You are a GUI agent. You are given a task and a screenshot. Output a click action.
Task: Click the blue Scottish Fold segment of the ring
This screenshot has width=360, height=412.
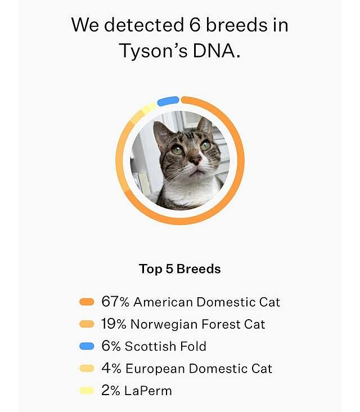(x=168, y=101)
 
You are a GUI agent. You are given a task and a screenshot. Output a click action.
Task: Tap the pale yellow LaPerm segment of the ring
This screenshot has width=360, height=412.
(x=148, y=108)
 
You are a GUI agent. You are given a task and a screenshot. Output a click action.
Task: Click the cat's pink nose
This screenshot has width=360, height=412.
(x=195, y=160)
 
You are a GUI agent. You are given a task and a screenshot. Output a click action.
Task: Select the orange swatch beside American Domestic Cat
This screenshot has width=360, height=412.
(x=87, y=302)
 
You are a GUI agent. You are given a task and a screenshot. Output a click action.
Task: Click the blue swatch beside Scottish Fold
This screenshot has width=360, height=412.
(x=87, y=346)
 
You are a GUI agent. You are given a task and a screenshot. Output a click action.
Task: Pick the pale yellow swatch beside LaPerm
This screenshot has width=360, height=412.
(x=87, y=391)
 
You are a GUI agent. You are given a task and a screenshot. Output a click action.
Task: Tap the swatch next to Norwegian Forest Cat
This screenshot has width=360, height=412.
(x=87, y=324)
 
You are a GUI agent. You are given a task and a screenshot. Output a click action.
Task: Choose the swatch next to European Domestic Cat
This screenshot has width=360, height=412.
(x=87, y=369)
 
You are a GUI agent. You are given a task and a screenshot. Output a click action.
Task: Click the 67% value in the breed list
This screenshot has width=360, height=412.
(x=115, y=302)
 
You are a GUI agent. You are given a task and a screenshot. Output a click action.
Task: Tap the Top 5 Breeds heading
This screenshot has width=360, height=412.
(x=179, y=269)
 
